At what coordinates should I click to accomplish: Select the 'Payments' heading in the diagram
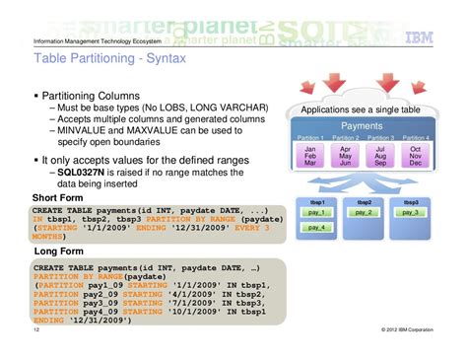point(362,127)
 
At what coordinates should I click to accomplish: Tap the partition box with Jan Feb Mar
point(309,155)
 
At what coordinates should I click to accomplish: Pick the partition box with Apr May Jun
point(345,155)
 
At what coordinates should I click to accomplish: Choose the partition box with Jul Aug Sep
point(379,155)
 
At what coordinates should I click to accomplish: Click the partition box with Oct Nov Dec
point(415,155)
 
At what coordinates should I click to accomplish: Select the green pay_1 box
point(316,212)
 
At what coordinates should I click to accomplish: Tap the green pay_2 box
point(364,212)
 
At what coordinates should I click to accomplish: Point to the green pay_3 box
point(410,212)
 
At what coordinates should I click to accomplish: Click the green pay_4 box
point(316,228)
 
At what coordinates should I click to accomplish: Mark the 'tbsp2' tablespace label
point(364,200)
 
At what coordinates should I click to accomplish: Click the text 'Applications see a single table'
point(362,109)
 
